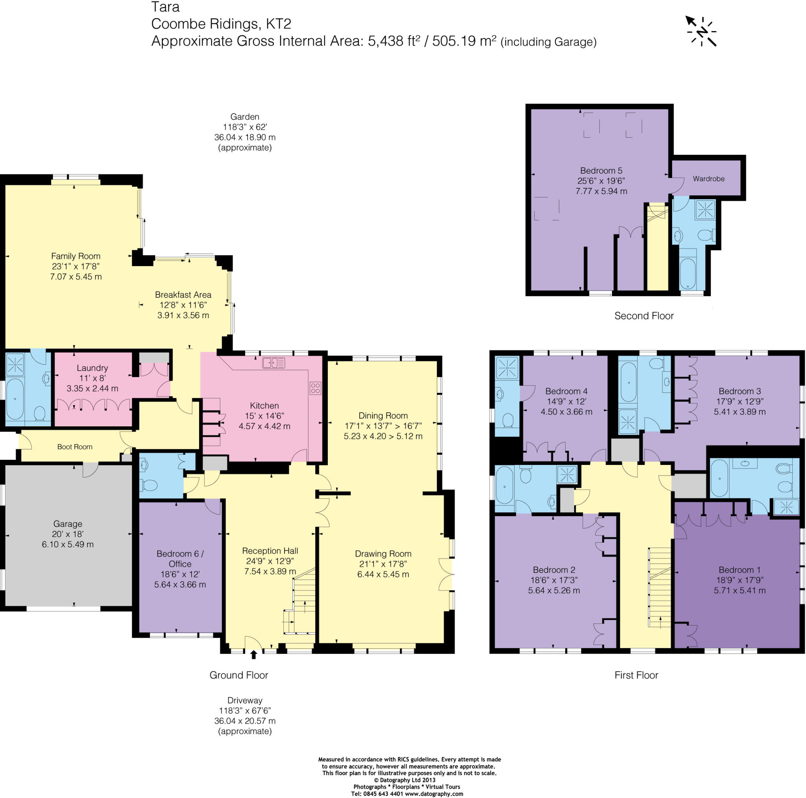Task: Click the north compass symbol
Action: tap(702, 31)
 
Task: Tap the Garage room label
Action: tap(68, 523)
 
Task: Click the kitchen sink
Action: tap(273, 363)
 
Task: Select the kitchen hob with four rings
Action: tap(315, 388)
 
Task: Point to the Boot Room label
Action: tap(75, 446)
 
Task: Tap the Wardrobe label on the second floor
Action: tap(708, 179)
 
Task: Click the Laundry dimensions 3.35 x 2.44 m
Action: tap(92, 388)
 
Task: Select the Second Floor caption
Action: tap(644, 315)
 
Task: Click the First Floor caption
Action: tap(636, 675)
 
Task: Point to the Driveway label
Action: tap(244, 700)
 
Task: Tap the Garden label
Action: tap(244, 117)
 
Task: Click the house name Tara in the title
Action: tap(165, 7)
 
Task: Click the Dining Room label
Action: tap(383, 415)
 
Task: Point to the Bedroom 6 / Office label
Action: tap(180, 558)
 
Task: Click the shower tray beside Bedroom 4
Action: tap(507, 367)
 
